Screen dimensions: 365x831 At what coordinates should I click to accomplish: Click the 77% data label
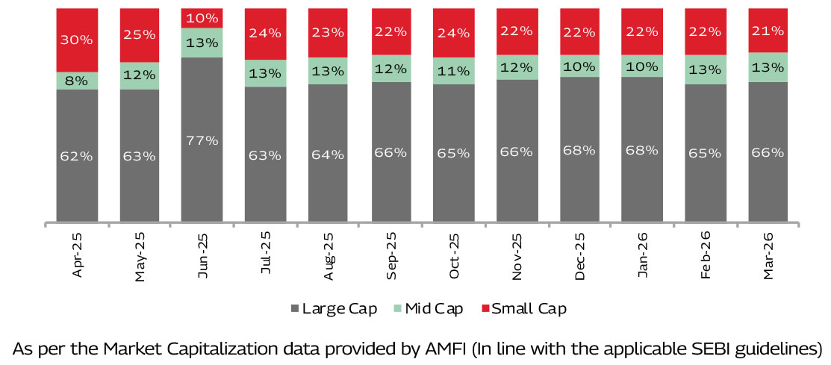[x=202, y=140]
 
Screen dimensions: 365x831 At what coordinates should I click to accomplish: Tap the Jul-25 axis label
[x=264, y=255]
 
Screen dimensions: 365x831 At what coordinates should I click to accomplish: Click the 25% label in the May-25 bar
[x=140, y=34]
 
